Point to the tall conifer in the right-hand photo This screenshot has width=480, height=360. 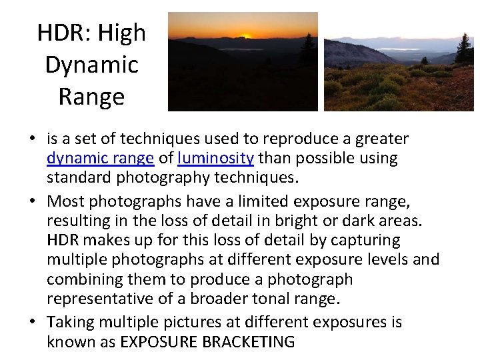pos(463,50)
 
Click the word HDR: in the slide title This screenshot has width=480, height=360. pos(63,33)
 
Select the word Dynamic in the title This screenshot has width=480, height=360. pos(91,65)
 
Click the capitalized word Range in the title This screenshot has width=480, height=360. pos(91,97)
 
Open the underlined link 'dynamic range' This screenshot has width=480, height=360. pos(101,159)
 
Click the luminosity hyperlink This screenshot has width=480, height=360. pos(215,159)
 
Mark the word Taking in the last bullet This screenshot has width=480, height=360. pos(71,322)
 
